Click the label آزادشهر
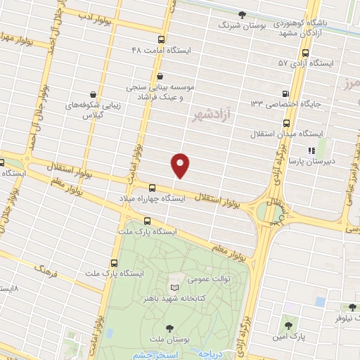209,115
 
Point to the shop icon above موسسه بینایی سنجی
160,76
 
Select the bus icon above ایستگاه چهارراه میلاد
153,187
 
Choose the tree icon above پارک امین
288,326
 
